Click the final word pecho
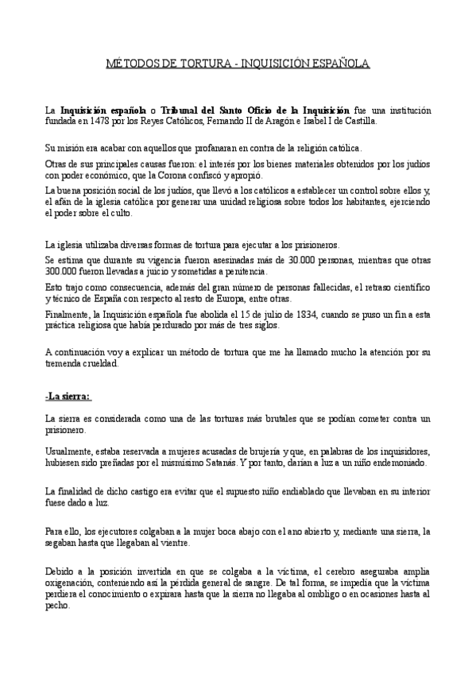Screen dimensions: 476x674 click(x=57, y=604)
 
